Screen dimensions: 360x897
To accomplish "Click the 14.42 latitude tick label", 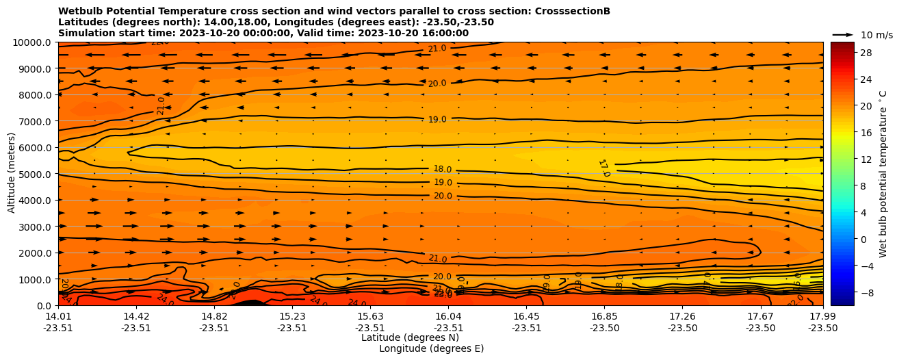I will (x=136, y=316).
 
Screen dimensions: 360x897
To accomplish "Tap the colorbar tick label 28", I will (x=846, y=53).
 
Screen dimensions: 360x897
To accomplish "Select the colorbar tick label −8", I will (x=848, y=292).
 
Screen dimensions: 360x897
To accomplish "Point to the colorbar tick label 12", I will (x=846, y=159).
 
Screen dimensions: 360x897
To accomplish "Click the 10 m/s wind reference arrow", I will (x=843, y=34).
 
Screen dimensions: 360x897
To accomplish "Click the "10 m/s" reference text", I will (x=876, y=35).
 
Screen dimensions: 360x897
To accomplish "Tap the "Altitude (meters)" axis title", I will (x=12, y=174).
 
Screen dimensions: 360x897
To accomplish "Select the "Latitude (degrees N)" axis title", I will (x=410, y=337).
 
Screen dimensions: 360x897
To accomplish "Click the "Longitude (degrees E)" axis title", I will (x=431, y=348).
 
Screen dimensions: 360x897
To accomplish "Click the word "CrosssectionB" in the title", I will (x=574, y=11).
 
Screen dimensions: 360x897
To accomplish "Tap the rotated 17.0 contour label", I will (x=603, y=168).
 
